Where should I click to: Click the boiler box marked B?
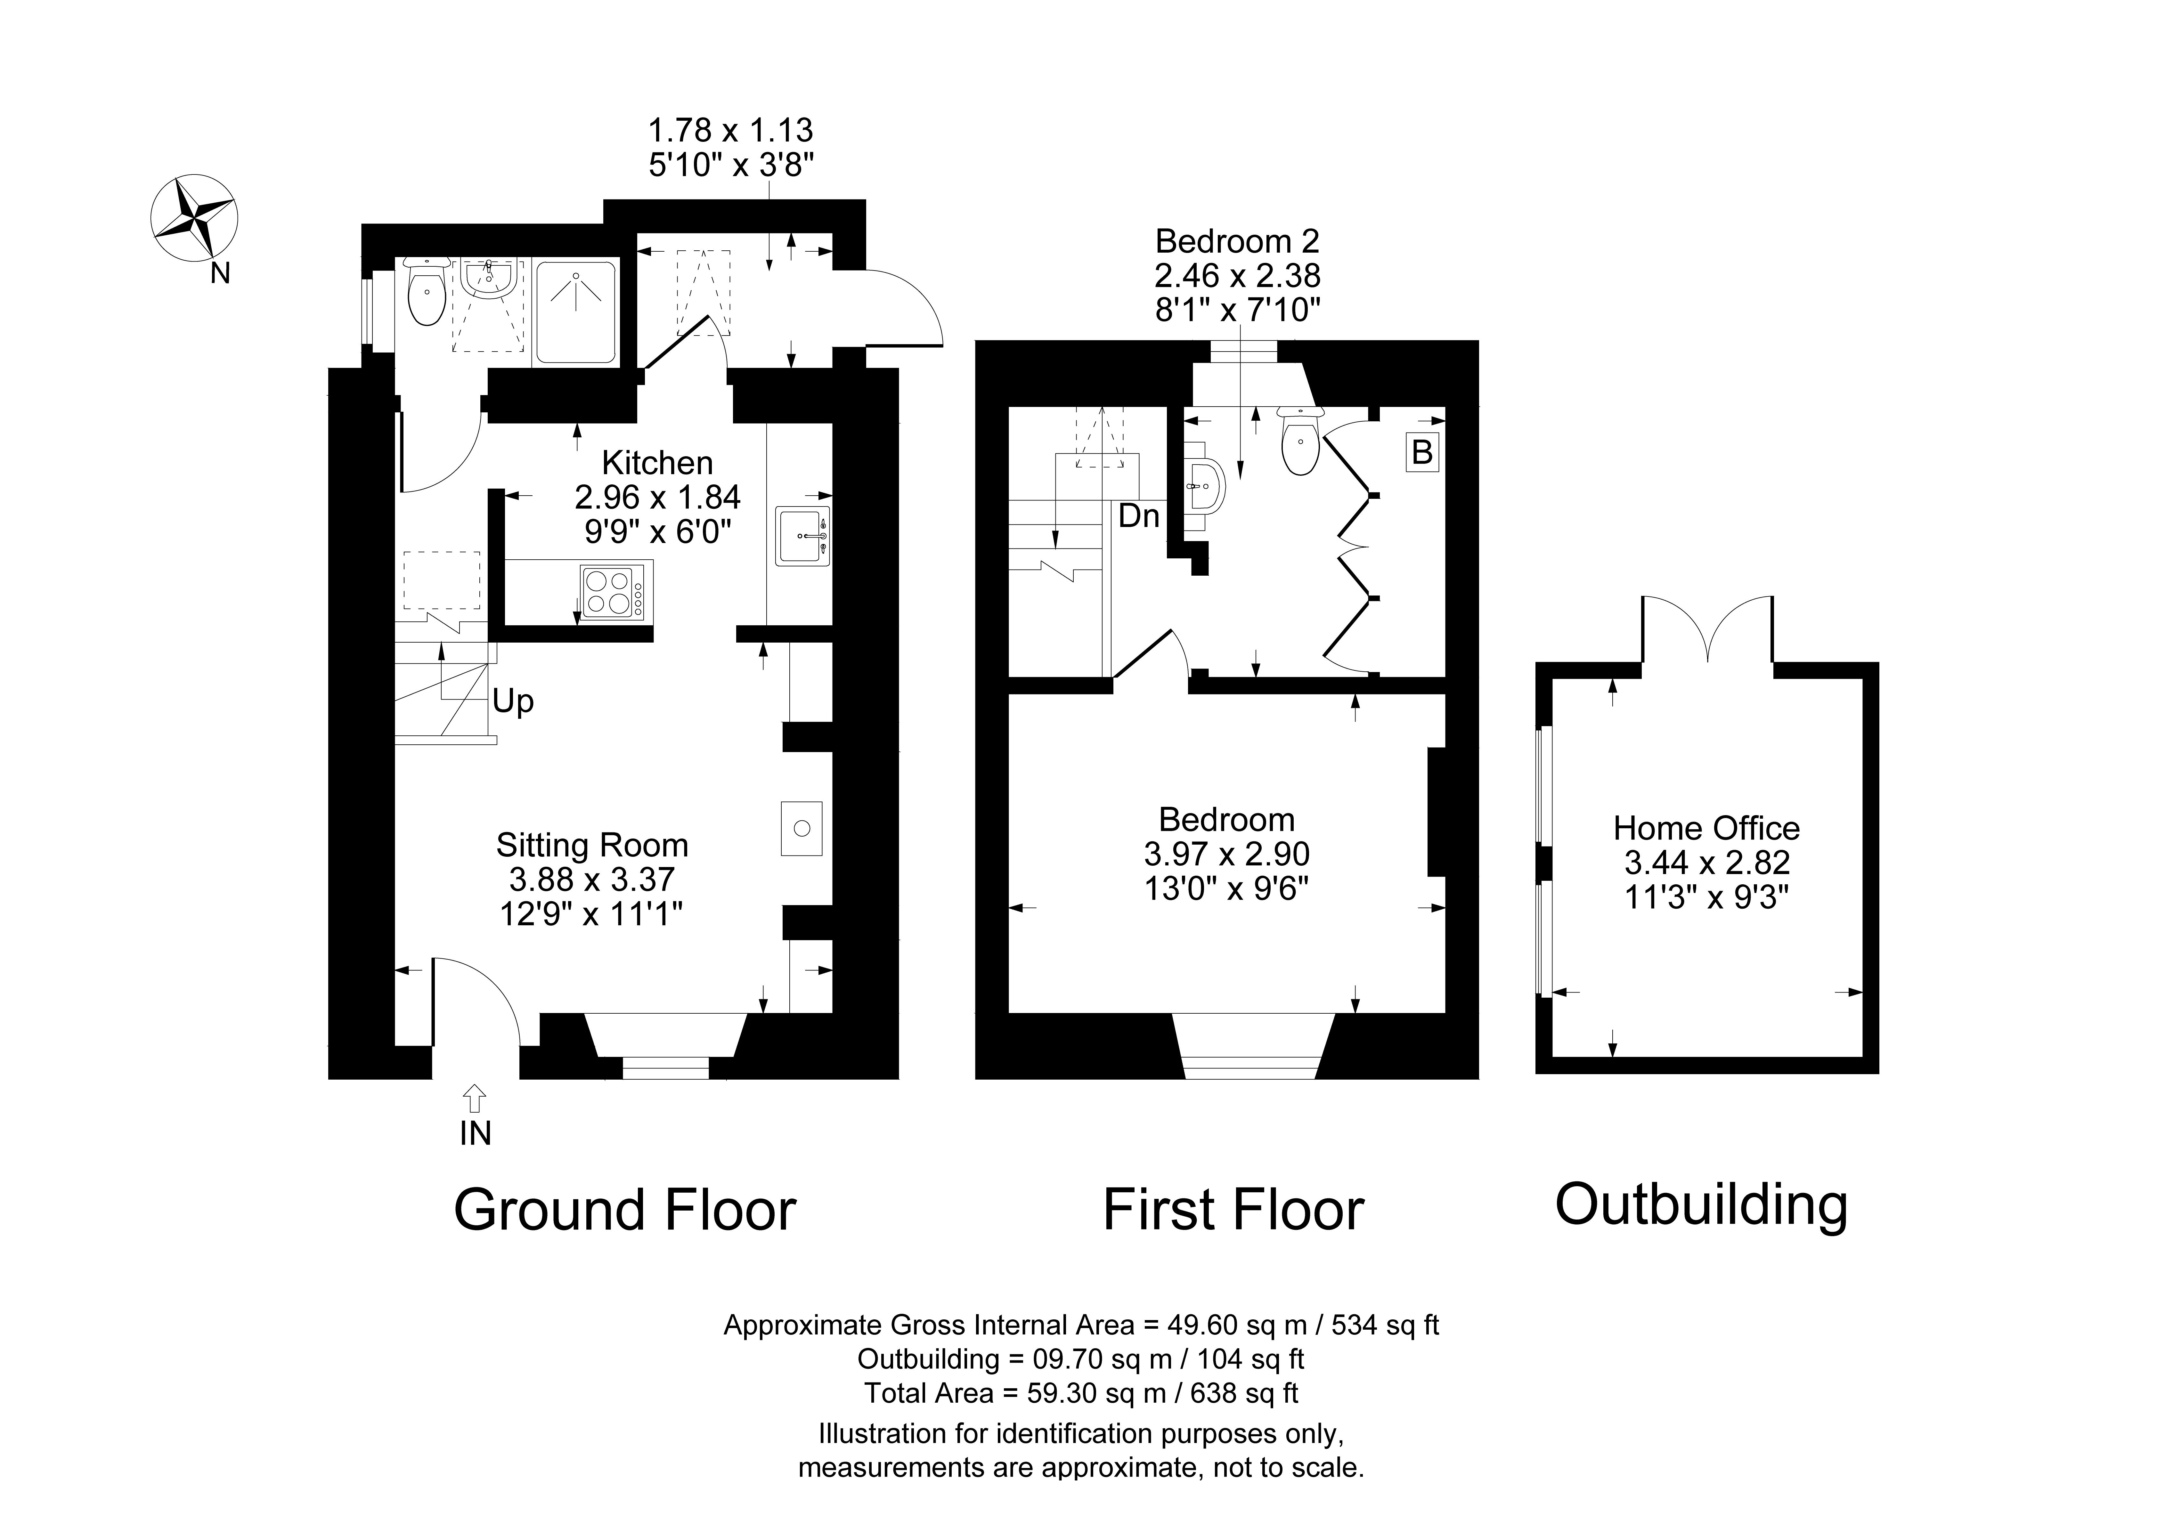1422,452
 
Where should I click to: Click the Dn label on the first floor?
1139,516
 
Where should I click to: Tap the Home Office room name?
1706,828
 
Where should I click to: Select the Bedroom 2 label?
1237,241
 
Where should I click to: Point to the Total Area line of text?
1081,1392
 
